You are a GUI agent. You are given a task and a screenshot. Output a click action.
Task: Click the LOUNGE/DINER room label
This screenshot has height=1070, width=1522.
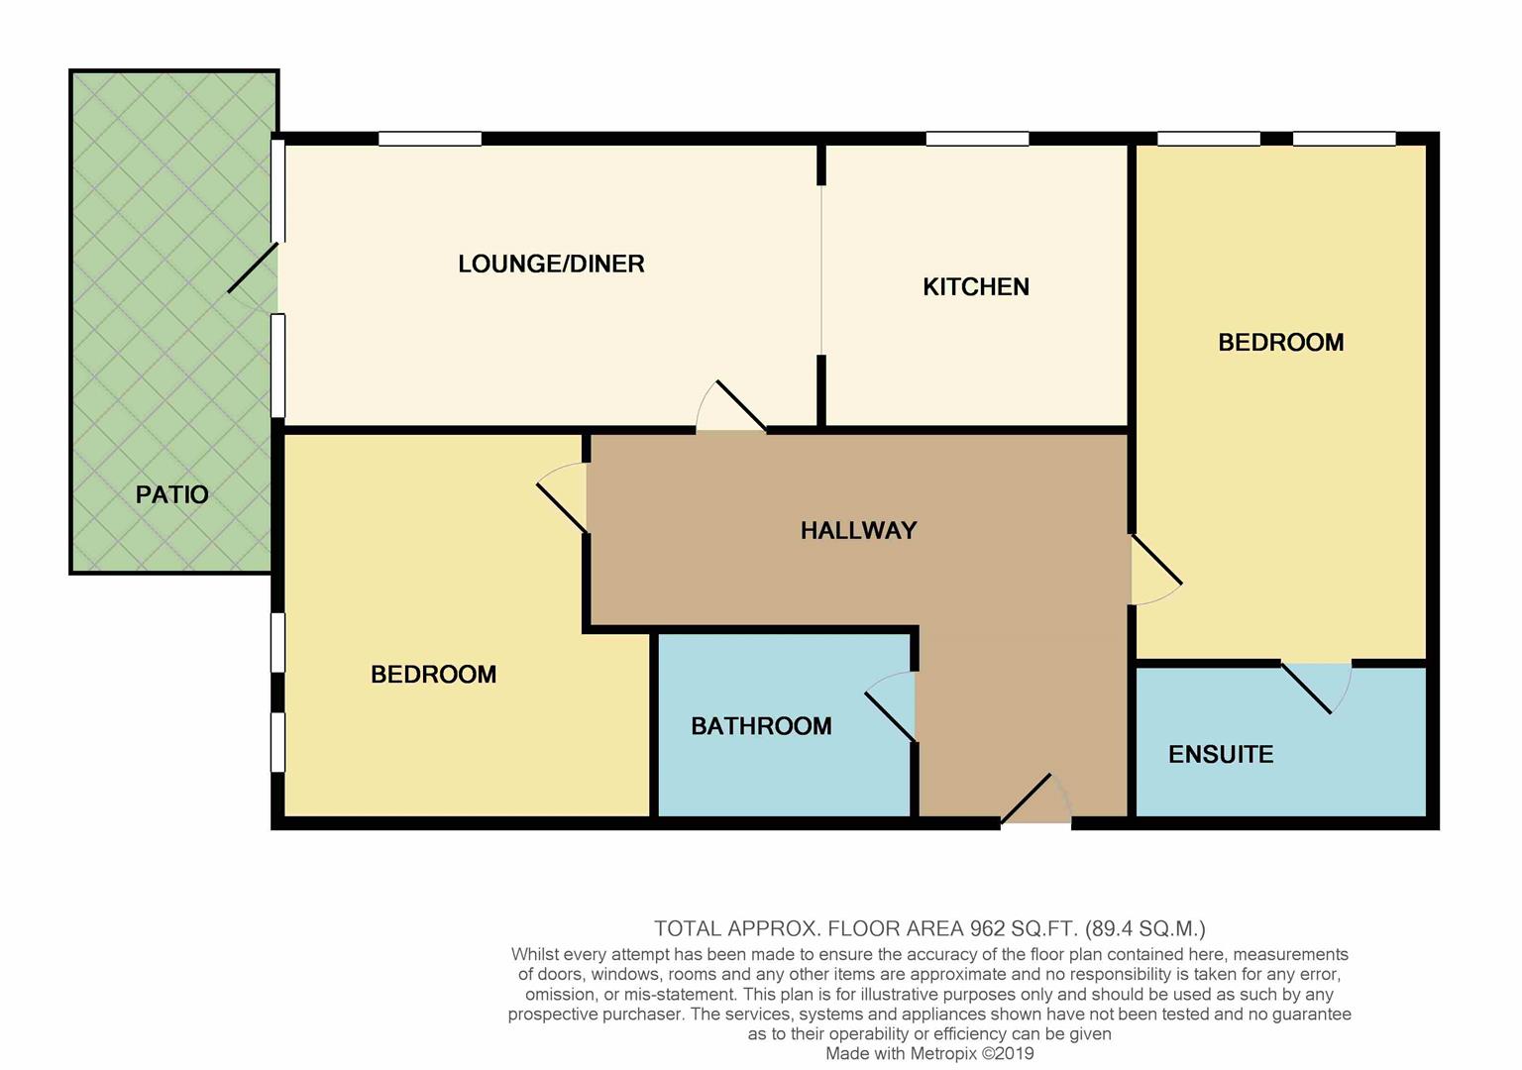coord(551,264)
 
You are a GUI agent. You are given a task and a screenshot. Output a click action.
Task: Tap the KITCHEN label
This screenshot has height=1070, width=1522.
coord(975,287)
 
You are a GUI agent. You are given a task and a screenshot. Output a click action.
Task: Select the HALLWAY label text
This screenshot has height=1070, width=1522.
coord(858,531)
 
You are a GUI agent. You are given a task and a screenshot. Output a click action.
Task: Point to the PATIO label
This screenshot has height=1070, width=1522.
coord(171,494)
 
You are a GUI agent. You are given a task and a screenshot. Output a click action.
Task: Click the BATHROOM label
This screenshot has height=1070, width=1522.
coord(761,726)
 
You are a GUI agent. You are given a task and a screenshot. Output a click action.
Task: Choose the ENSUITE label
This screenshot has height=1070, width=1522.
coord(1220,755)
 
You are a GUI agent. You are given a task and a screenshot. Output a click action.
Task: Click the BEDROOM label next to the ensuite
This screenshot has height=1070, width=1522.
coord(1280,343)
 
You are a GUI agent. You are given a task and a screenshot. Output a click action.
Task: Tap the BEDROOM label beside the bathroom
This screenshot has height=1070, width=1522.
coord(433,675)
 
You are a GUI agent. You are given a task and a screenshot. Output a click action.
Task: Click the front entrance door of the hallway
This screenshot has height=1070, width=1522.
coord(1035,801)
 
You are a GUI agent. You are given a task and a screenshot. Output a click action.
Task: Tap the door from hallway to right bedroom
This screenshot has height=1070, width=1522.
coord(1154,570)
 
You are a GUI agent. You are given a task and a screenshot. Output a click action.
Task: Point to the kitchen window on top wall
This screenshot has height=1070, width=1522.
coord(977,140)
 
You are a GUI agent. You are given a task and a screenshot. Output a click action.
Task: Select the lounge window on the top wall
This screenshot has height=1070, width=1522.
coord(430,140)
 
